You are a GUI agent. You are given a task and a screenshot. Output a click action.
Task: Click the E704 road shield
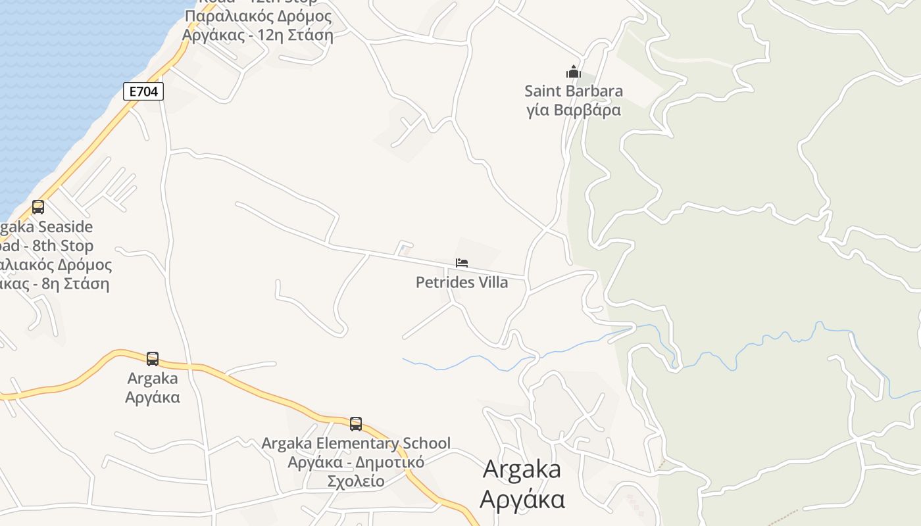[143, 91]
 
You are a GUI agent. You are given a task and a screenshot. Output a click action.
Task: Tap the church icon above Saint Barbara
[574, 72]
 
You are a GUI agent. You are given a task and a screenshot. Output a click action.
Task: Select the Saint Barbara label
[574, 91]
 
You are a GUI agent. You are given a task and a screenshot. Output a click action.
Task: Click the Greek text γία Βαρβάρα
[574, 109]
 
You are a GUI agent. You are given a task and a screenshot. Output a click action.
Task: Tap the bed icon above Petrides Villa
[462, 263]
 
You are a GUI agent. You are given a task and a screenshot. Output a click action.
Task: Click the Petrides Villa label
[462, 282]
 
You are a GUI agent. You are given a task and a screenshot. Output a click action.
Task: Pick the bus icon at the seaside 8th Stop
[38, 207]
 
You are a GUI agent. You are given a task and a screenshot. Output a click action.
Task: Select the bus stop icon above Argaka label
[153, 359]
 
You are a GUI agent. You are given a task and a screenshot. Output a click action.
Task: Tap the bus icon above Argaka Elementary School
[356, 424]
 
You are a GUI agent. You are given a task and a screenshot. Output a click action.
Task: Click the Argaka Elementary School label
[356, 443]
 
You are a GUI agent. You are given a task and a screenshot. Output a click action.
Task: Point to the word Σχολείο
[356, 481]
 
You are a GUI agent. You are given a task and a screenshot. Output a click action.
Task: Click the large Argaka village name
[522, 469]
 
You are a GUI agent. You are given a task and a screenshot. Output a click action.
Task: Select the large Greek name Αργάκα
[522, 499]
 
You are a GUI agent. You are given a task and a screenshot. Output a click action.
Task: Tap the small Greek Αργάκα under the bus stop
[153, 397]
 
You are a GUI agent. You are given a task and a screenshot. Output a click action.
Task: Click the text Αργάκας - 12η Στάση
[258, 35]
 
